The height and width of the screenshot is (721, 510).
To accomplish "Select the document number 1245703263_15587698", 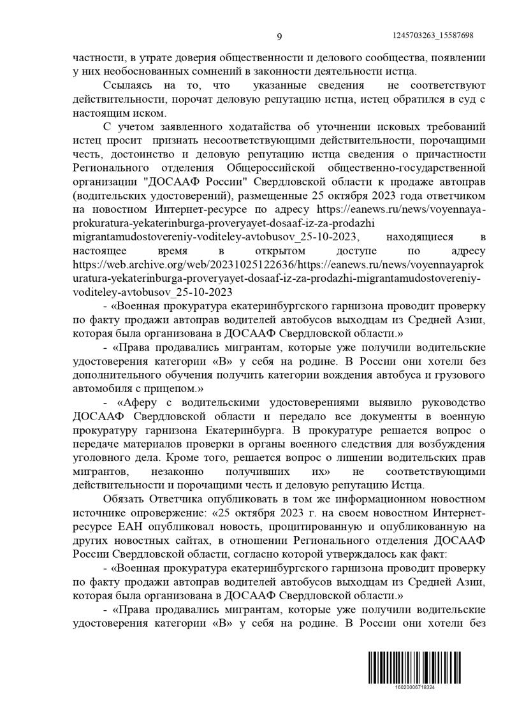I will pyautogui.click(x=434, y=36).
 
